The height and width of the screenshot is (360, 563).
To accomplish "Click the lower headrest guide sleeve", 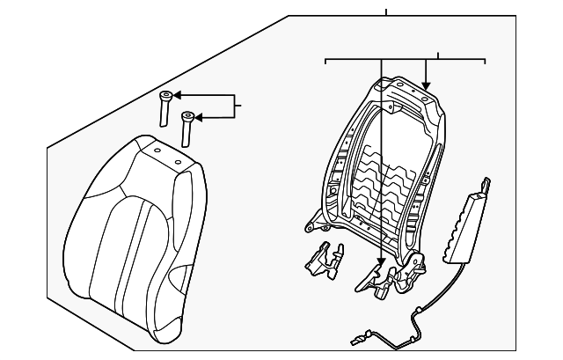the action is click(186, 127).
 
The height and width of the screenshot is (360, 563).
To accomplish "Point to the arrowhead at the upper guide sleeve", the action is click(176, 95).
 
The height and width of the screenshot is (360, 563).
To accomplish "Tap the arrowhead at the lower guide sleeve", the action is click(199, 115).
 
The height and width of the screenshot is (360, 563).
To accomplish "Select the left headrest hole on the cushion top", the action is click(156, 151).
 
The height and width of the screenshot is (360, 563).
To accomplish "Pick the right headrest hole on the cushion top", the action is click(177, 161).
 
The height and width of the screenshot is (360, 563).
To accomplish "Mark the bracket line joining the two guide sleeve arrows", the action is click(233, 106).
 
